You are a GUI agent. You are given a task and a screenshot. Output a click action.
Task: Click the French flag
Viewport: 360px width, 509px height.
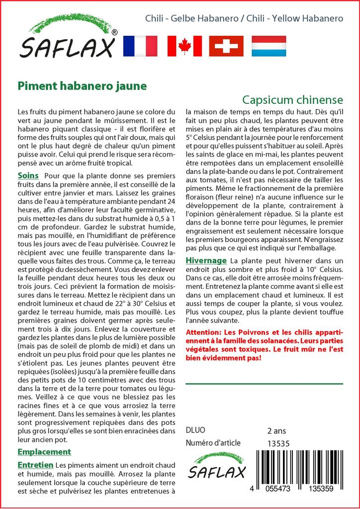pos(140,46)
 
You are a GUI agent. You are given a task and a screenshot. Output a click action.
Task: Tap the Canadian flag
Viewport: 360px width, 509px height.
pos(184,46)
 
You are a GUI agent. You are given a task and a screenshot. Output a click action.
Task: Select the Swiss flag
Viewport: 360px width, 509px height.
pos(226,46)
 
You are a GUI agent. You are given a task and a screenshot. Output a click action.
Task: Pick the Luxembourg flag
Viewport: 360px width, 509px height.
pos(269,46)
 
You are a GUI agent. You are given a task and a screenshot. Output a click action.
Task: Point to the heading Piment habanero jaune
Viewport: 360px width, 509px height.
pos(82,85)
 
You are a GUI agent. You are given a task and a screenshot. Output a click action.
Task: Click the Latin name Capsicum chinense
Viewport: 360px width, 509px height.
pos(292,98)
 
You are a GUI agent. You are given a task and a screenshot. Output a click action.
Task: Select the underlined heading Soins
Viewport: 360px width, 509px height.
pos(28,176)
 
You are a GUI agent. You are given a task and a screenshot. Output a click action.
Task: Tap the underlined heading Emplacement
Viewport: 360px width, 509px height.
pos(44,451)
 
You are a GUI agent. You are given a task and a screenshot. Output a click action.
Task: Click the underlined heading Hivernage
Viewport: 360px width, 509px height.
pos(206,260)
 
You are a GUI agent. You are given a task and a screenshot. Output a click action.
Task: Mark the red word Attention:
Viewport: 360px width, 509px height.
pos(206,332)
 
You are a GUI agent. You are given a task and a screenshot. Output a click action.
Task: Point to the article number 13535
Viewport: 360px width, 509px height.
pos(278,443)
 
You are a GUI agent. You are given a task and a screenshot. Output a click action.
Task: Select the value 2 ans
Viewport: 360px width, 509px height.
pos(276,430)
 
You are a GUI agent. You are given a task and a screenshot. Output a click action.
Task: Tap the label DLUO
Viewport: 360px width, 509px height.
pos(195,430)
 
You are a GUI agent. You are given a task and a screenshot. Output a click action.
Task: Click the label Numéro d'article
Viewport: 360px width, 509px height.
pos(213,443)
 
